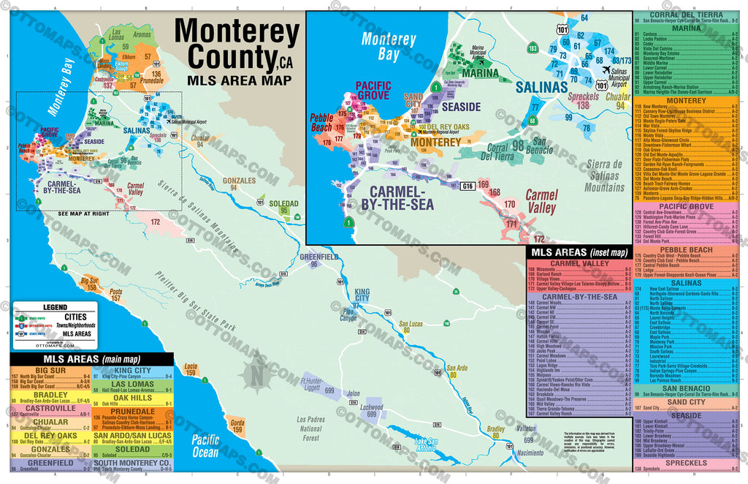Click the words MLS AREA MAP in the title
pos(235,80)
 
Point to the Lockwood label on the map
pos(372,407)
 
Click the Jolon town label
pos(354,393)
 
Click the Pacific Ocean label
pos(205,446)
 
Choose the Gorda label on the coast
pos(237,423)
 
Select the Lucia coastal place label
pos(191,366)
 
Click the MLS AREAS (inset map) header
pos(579,252)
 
